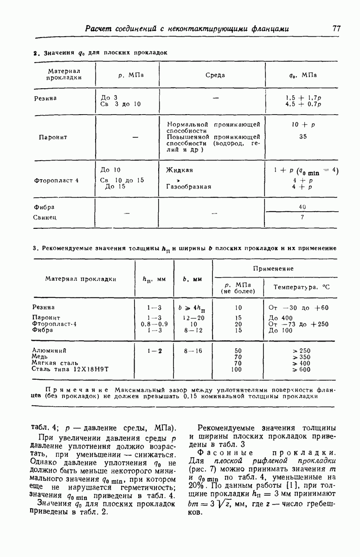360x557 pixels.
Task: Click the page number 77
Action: click(337, 29)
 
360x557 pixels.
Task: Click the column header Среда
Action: click(215, 75)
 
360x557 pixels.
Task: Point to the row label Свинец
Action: click(45, 217)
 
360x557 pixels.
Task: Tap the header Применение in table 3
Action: click(273, 269)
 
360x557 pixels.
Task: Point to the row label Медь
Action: click(39, 356)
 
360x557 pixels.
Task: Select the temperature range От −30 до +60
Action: click(298, 307)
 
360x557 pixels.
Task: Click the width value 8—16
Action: click(193, 351)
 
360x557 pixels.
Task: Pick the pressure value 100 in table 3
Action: click(237, 369)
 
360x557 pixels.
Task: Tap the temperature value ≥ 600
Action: click(301, 369)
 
